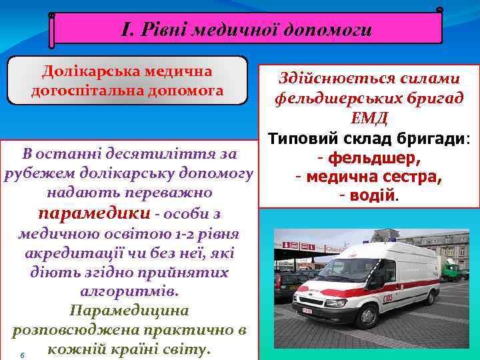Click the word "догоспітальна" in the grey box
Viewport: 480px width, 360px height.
pos(80,89)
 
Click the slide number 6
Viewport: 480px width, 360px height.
pos(22,355)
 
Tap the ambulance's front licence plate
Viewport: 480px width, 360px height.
pos(307,311)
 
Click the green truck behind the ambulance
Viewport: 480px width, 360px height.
pos(451,271)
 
